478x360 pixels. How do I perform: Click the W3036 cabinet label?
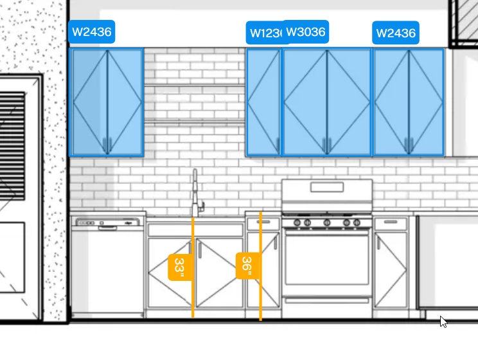305,32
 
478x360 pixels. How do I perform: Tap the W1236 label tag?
264,33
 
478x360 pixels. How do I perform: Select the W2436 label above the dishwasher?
92,31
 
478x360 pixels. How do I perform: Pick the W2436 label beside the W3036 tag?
396,33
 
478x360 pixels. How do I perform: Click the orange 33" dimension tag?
179,267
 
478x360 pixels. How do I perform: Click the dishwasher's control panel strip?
108,222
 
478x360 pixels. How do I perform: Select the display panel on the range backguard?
326,187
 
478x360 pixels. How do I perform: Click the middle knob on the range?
326,222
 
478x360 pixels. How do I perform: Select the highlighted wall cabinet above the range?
327,102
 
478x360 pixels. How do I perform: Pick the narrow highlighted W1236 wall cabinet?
263,102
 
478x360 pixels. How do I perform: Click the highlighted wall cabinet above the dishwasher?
106,102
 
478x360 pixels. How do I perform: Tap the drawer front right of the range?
391,223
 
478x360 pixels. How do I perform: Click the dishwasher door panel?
108,270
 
